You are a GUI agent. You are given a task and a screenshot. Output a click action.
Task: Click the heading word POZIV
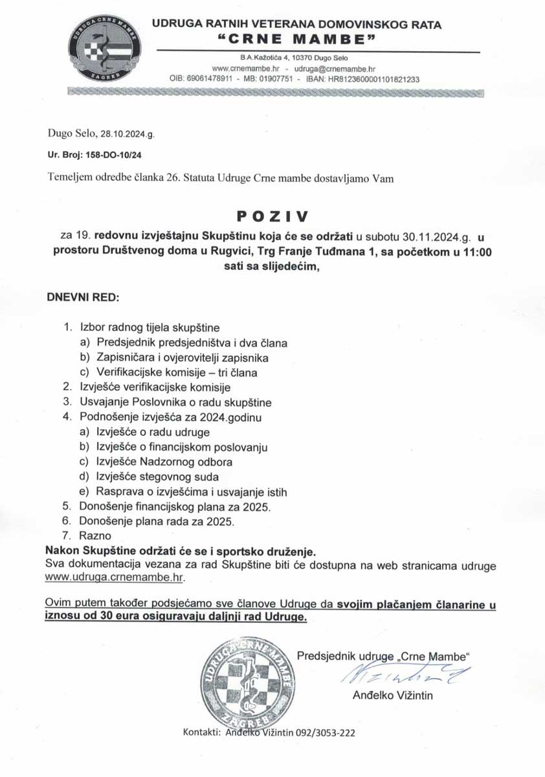tap(272, 214)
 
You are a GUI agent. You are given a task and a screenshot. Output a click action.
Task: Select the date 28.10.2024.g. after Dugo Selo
tap(128, 135)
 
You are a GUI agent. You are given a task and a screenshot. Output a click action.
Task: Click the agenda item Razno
tap(95, 535)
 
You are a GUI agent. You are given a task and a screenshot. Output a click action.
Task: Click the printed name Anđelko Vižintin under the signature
tap(393, 696)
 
